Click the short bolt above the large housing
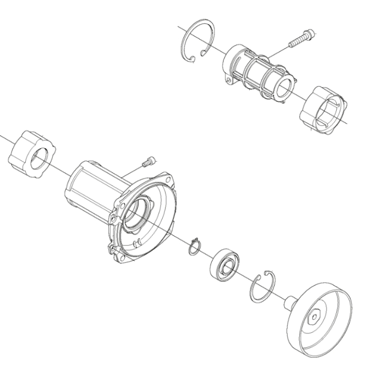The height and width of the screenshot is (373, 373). click(x=147, y=162)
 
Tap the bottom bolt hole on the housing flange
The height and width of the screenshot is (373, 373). click(x=121, y=255)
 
